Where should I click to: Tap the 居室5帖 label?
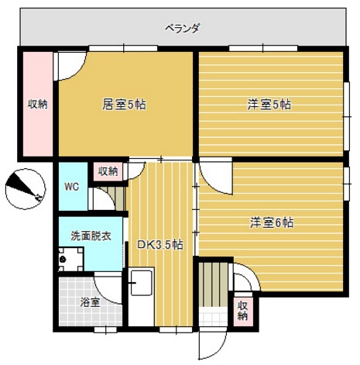point(124,104)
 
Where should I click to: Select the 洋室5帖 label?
point(269,104)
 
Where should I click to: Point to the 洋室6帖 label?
point(271,222)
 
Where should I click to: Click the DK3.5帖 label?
point(160,244)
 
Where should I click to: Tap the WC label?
point(71,187)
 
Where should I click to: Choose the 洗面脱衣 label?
point(90,235)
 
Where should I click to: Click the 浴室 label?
point(91,302)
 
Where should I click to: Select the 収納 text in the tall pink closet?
point(36,104)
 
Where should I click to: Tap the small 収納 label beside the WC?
point(108,170)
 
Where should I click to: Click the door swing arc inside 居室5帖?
point(68,66)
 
